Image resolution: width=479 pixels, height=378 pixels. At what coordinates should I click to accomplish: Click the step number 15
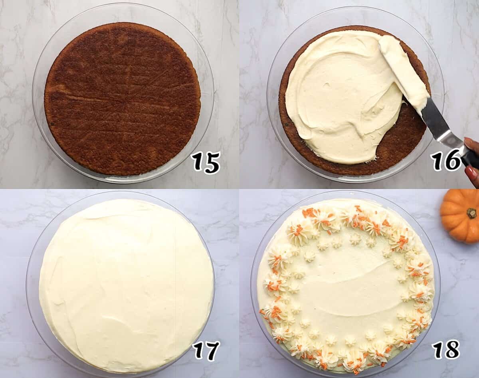(x=206, y=162)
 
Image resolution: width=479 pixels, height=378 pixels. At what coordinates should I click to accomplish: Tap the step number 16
(x=446, y=160)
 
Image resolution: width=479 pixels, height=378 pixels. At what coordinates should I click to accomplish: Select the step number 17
(x=206, y=351)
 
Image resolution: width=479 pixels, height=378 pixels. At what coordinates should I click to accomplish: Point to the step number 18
(x=446, y=349)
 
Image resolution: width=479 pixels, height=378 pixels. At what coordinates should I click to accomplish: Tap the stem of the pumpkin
(x=472, y=213)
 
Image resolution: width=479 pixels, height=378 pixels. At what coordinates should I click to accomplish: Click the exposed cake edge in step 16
(x=403, y=144)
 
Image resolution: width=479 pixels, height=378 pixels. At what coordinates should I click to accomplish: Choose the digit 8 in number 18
(x=452, y=349)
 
